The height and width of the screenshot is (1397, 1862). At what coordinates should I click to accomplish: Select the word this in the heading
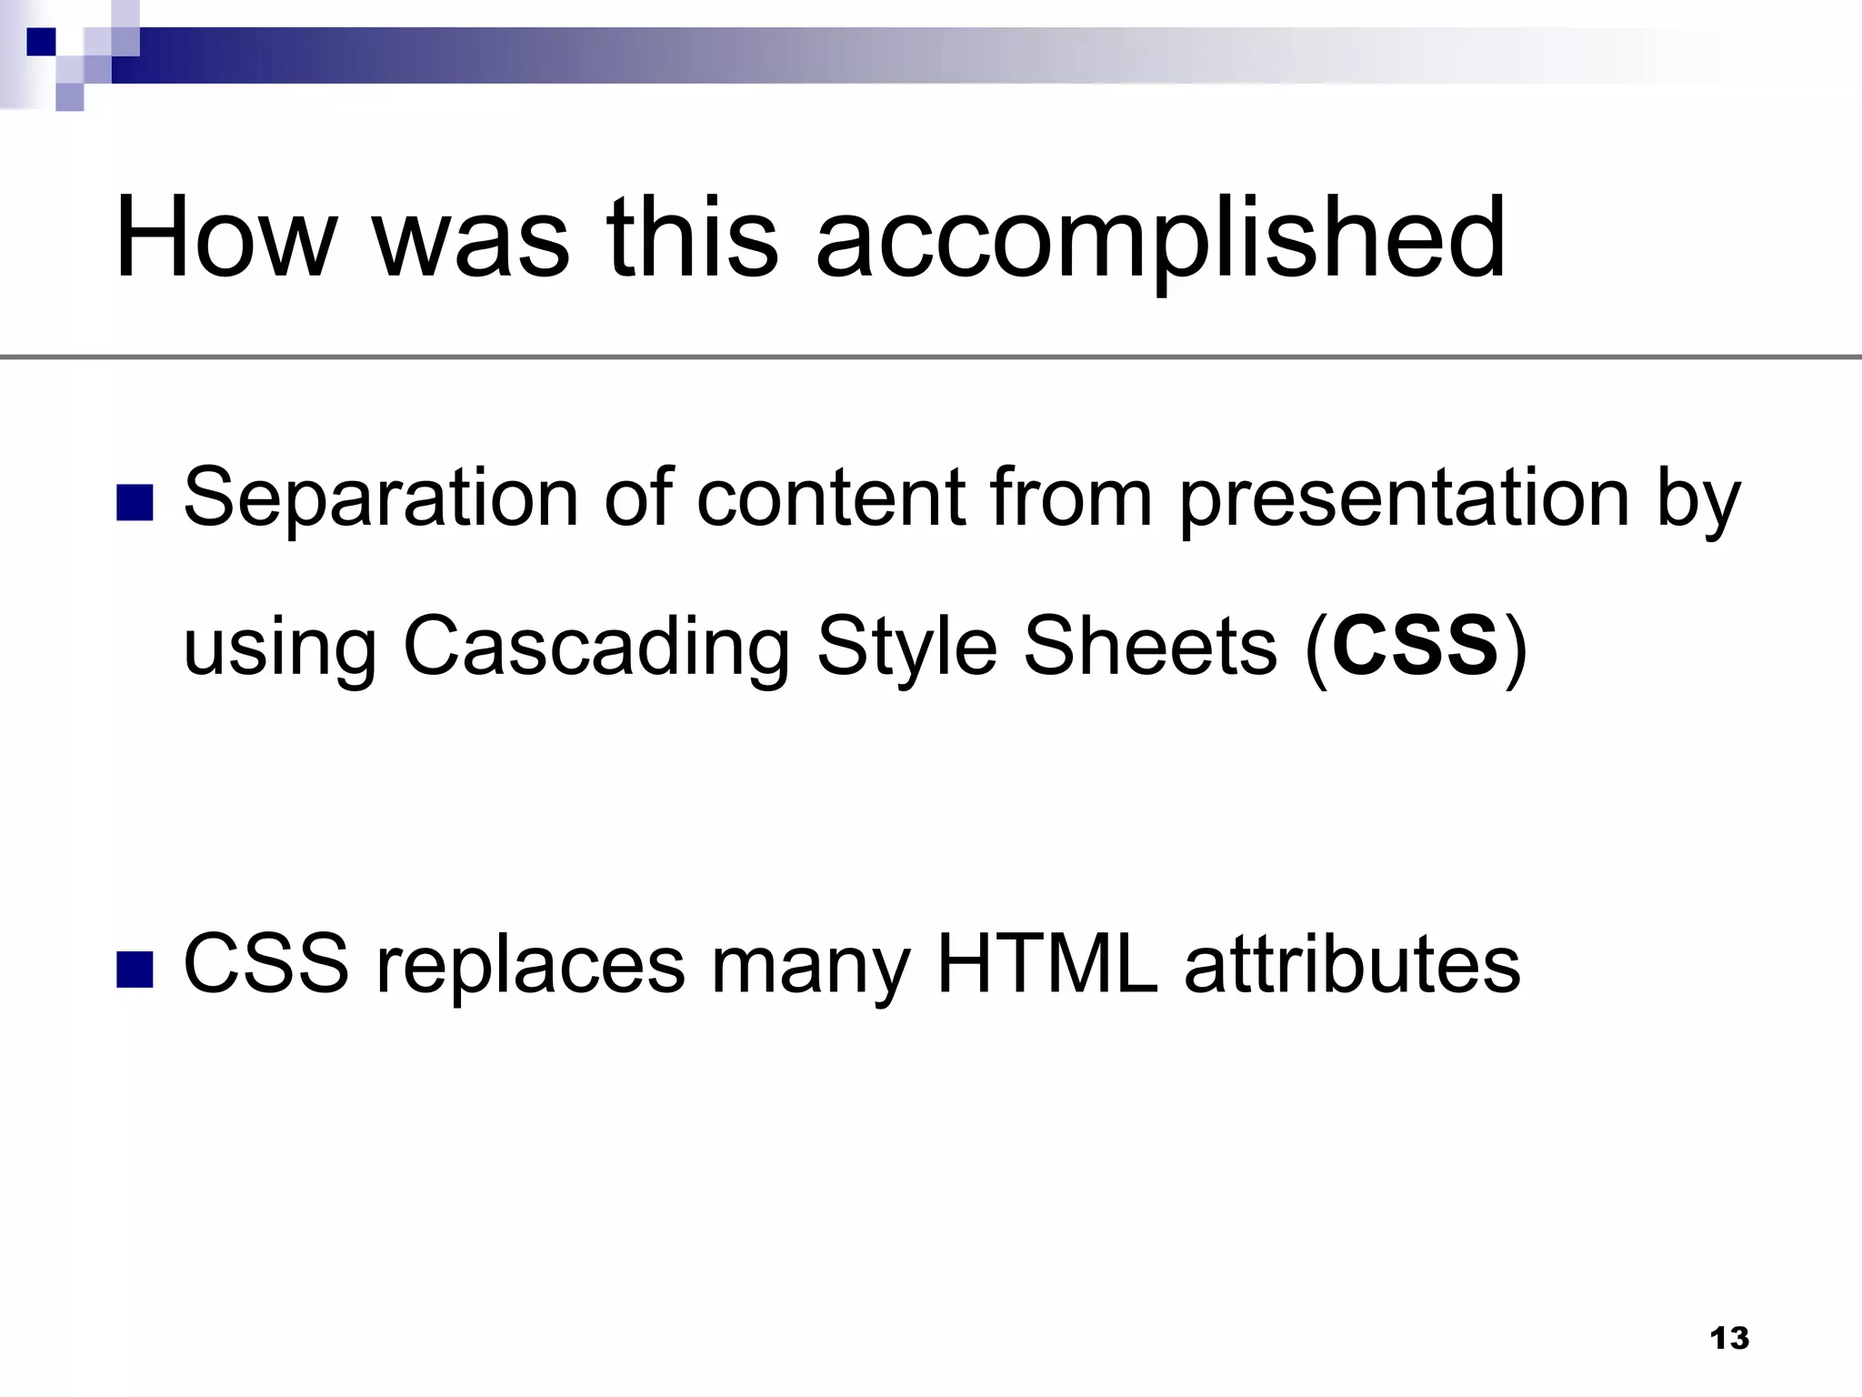(x=692, y=238)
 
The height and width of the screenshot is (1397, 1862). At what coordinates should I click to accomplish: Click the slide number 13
(x=1728, y=1338)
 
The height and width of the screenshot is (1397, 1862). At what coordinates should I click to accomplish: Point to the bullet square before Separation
(x=135, y=502)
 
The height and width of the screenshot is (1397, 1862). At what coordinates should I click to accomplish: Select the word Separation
(x=380, y=498)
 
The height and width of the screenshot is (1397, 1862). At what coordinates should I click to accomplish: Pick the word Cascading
(x=596, y=648)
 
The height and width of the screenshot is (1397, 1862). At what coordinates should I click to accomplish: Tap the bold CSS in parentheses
(x=1415, y=646)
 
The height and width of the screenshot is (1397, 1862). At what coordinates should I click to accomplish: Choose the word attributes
(x=1352, y=964)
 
